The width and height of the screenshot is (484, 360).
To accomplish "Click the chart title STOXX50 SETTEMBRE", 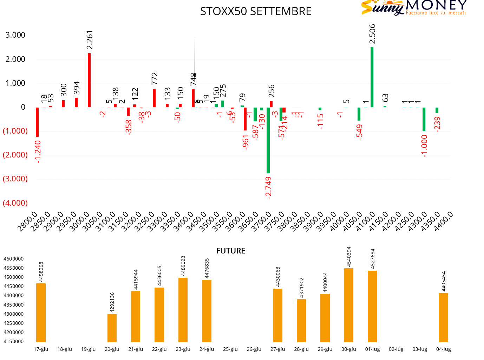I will [256, 12].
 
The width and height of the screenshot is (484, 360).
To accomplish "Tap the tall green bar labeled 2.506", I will [372, 77].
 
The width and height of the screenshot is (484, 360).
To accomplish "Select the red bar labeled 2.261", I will [89, 80].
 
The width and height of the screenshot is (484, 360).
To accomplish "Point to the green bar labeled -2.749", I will [268, 140].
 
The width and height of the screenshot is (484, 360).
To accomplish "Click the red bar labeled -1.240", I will [37, 122].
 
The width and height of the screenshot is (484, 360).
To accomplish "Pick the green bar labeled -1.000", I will [424, 119].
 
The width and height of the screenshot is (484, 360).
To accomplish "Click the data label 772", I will [155, 79].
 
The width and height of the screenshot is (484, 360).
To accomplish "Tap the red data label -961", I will [246, 142].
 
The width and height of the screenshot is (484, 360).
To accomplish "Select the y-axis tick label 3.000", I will [15, 35].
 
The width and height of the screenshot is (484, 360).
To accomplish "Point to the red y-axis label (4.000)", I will [15, 203].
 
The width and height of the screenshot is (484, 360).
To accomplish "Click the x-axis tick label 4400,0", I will [443, 221].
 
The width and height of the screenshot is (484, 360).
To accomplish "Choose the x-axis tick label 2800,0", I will [27, 221].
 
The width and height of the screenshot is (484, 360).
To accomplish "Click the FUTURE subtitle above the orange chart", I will [231, 251].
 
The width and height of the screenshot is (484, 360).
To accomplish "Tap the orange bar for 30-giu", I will [349, 305].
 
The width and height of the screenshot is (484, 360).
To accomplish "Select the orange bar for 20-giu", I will [112, 328].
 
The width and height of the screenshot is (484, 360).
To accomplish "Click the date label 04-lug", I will [443, 349].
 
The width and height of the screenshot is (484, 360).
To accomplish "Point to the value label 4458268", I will [41, 272].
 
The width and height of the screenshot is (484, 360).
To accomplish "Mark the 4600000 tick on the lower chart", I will [14, 259].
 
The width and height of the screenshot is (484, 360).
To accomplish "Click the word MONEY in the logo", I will [436, 5].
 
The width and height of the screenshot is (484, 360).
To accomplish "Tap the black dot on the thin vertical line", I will [195, 75].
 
